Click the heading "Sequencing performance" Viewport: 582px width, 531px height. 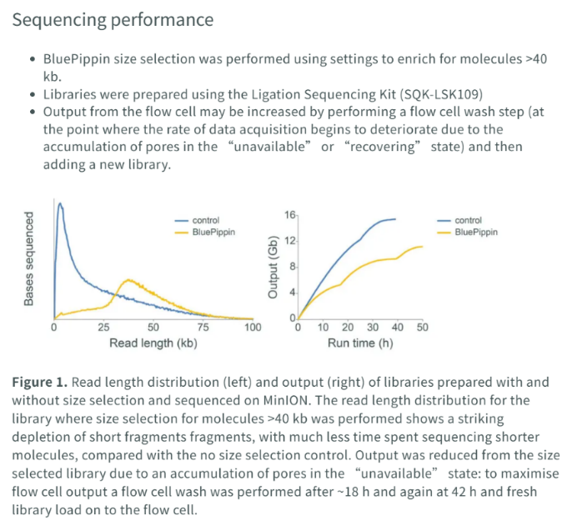[x=113, y=20]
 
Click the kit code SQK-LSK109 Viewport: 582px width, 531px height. [x=441, y=94]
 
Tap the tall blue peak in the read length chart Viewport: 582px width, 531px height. [x=60, y=203]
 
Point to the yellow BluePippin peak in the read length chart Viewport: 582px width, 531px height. [x=128, y=280]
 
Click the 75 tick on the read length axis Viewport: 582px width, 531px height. [x=203, y=328]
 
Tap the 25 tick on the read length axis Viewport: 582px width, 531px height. [x=103, y=328]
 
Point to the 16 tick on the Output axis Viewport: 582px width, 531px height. [x=290, y=215]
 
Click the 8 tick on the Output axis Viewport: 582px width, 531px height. [x=293, y=267]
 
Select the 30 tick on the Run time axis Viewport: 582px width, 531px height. [x=373, y=328]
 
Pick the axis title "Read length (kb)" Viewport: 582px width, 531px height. [x=153, y=343]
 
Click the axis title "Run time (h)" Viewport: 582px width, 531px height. [x=360, y=343]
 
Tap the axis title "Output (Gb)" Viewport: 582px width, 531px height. [x=273, y=267]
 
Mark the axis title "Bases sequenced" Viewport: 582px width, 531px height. [x=28, y=258]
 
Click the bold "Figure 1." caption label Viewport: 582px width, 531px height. [x=40, y=382]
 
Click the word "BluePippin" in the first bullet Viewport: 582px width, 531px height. [x=77, y=59]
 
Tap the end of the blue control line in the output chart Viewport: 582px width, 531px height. [x=396, y=219]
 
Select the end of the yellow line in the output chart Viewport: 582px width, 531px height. [x=423, y=247]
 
